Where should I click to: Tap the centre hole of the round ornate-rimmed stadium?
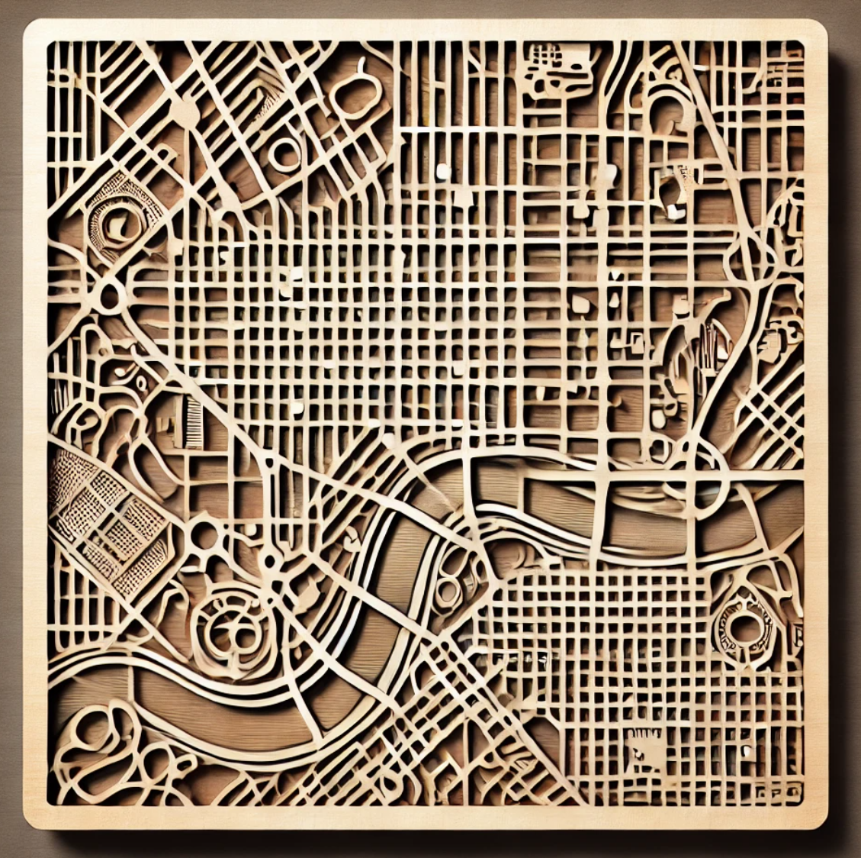[x=741, y=627]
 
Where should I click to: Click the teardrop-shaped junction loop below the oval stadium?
[x=111, y=296]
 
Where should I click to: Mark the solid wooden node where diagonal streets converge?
[x=184, y=113]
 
